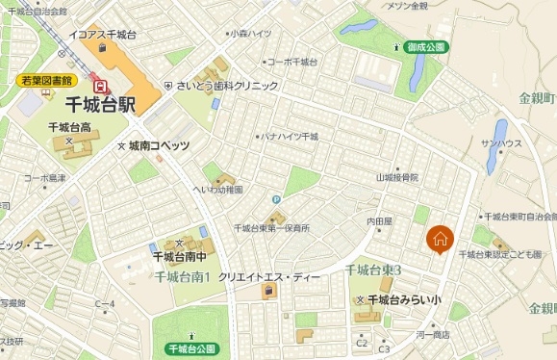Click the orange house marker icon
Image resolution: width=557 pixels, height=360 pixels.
click(x=439, y=239)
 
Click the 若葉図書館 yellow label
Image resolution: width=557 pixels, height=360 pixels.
click(x=46, y=84)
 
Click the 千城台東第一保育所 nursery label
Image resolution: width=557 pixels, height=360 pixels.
click(x=271, y=228)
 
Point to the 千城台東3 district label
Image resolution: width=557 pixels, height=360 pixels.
click(x=372, y=269)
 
